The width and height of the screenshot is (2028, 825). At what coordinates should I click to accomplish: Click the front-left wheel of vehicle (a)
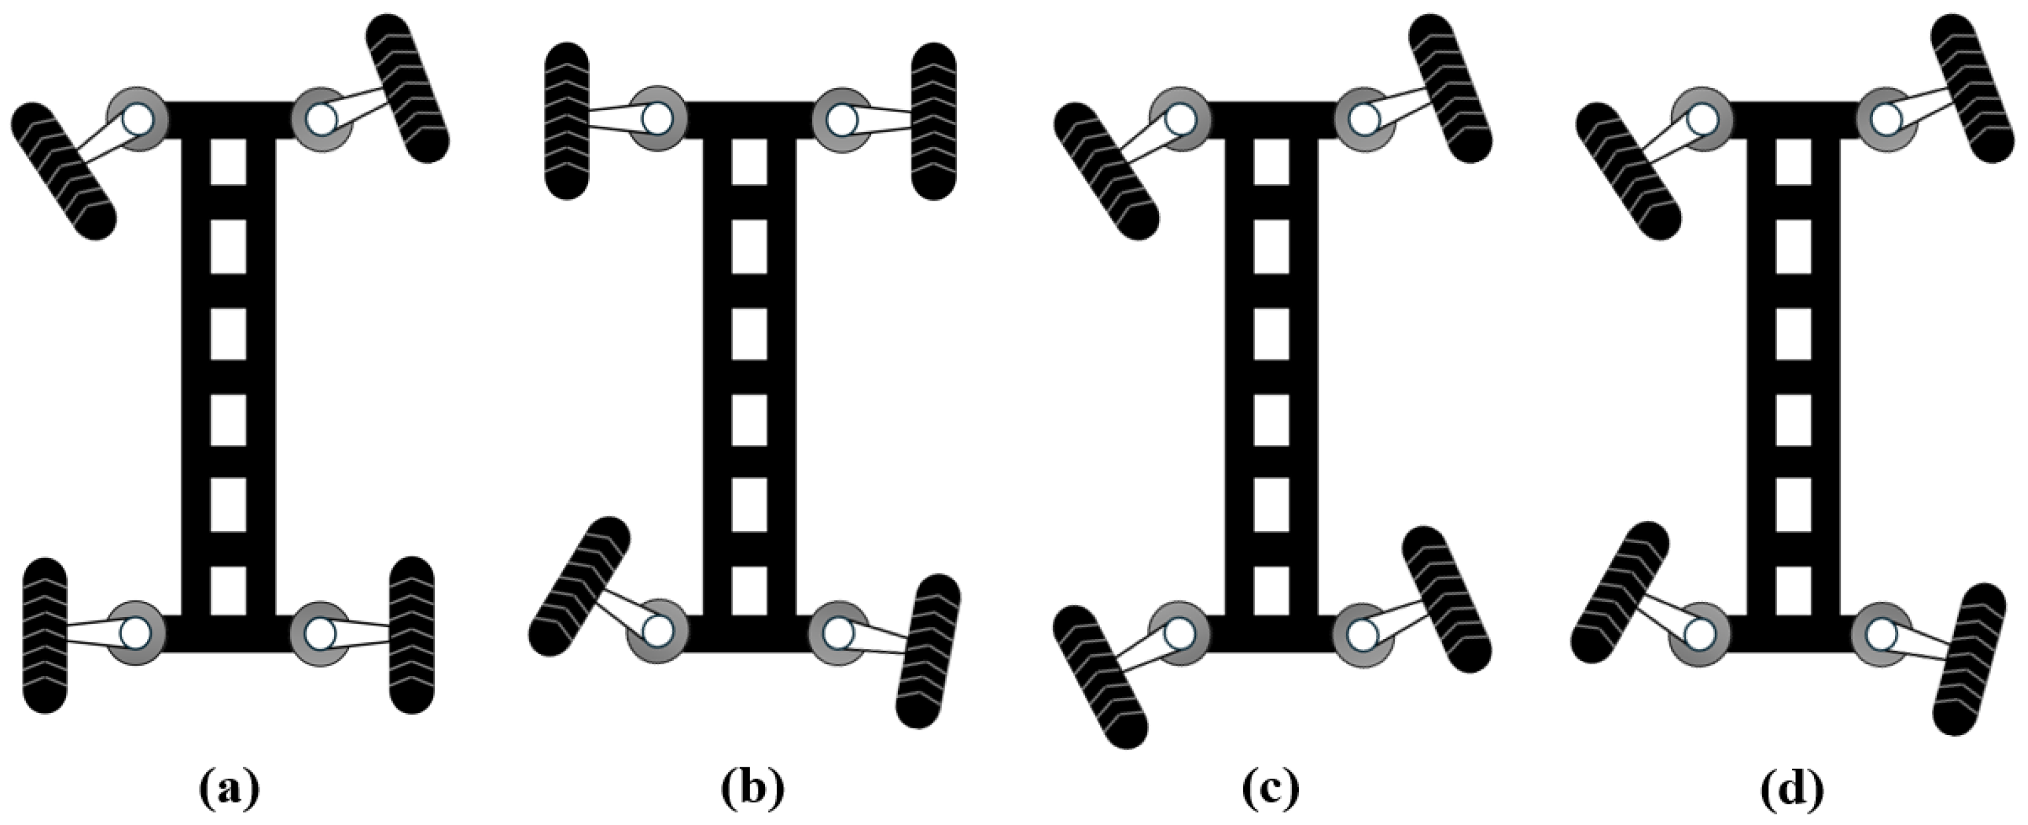pyautogui.click(x=64, y=170)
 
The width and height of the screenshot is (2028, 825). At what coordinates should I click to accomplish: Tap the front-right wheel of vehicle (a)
pyautogui.click(x=407, y=88)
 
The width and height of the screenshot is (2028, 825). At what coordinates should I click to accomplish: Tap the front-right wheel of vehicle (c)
pyautogui.click(x=1449, y=88)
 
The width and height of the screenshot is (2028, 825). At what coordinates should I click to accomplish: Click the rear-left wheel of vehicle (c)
pyautogui.click(x=1101, y=676)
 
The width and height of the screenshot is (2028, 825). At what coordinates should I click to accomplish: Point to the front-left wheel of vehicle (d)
pyautogui.click(x=1627, y=170)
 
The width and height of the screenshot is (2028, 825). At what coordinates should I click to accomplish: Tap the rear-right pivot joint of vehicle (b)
pyautogui.click(x=840, y=632)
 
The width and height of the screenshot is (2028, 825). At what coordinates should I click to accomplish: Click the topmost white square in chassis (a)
pyautogui.click(x=228, y=162)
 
